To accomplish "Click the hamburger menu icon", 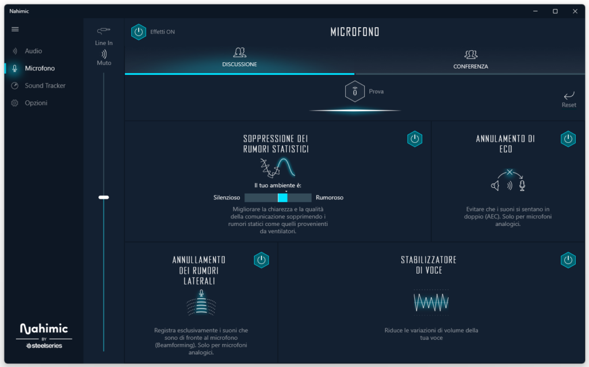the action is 15,29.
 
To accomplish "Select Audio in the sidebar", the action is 33,51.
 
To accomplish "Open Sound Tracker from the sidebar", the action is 45,85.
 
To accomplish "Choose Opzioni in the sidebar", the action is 36,103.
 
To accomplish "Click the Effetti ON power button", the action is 139,32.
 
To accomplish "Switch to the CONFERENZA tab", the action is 471,59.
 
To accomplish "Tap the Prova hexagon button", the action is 354,91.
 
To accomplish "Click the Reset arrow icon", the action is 569,95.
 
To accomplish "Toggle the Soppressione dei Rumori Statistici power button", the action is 415,139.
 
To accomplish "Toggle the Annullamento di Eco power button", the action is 568,139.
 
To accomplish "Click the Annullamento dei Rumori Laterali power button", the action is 262,260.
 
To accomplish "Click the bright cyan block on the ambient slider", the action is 282,198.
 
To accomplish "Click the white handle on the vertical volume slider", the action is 104,197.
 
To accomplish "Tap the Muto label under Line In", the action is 104,63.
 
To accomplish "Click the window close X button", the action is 575,12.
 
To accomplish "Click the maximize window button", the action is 555,12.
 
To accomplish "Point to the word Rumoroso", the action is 330,198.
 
